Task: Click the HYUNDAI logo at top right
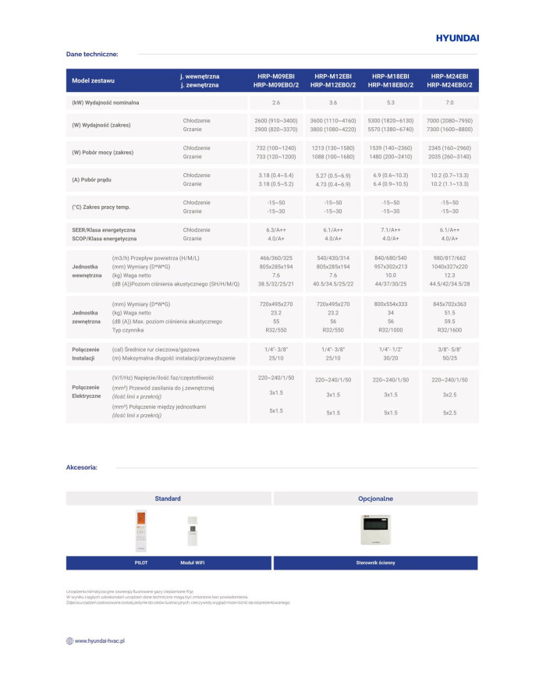(456, 37)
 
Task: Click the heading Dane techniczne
(92, 55)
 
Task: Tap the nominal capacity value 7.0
(449, 103)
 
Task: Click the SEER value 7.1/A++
(392, 230)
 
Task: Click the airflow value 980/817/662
(449, 258)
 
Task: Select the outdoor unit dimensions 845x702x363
(449, 304)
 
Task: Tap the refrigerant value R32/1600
(449, 330)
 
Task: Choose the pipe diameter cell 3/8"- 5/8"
(449, 350)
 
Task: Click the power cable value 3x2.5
(449, 395)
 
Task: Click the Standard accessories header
(168, 498)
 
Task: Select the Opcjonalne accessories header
(375, 498)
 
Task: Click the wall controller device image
(375, 529)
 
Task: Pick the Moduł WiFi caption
(192, 563)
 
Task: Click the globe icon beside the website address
(69, 641)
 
